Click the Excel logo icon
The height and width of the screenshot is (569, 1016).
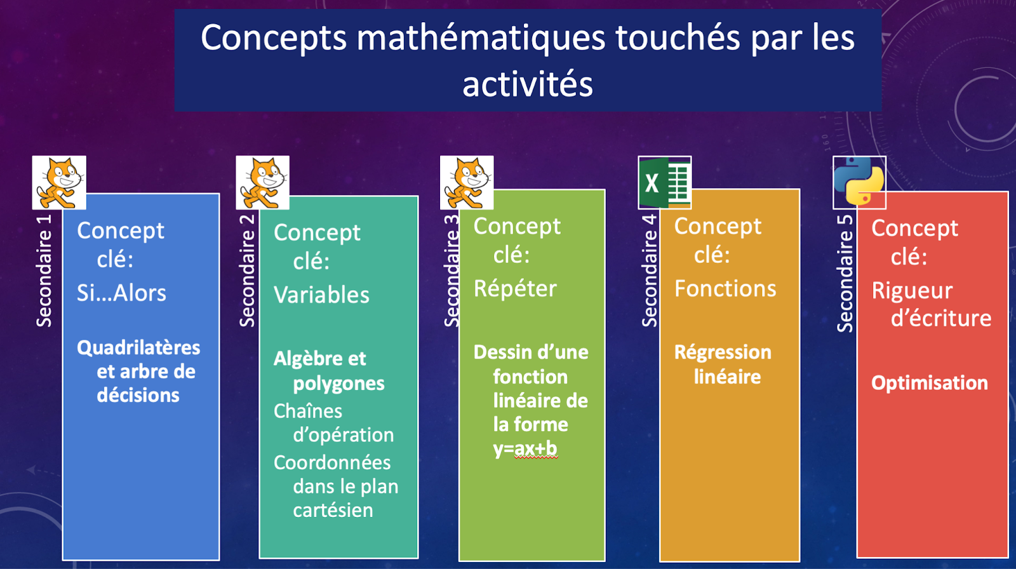tap(664, 182)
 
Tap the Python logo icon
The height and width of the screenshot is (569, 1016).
tap(859, 182)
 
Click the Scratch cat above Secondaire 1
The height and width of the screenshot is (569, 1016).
tap(59, 182)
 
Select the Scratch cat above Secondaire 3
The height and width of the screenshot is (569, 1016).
tap(467, 182)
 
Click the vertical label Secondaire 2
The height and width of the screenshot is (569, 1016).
tap(247, 271)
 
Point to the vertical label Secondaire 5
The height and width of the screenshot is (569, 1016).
tap(845, 274)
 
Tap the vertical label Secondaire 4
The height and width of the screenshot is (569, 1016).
tap(650, 271)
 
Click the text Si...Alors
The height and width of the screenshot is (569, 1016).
tap(121, 293)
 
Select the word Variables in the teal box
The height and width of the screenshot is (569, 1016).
tap(321, 295)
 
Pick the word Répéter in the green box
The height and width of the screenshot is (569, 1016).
tap(515, 288)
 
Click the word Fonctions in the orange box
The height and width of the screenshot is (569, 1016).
tap(725, 288)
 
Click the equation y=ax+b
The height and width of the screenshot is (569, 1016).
tap(525, 449)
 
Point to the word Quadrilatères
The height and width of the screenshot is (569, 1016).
tap(138, 348)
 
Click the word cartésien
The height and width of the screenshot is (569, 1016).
tap(333, 511)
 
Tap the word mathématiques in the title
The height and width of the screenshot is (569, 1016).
tap(481, 37)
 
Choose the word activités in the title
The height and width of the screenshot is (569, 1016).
tap(528, 84)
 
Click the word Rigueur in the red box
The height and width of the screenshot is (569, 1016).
tap(912, 291)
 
